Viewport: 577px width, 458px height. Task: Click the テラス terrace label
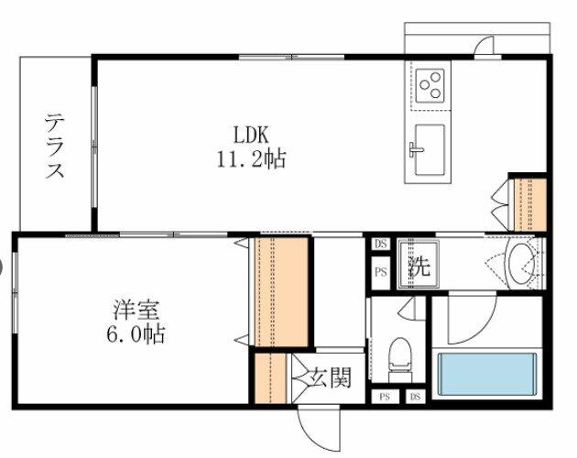(56, 146)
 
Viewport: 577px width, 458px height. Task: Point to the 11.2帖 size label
(250, 159)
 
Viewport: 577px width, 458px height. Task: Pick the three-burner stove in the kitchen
(430, 87)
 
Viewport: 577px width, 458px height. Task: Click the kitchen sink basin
(429, 148)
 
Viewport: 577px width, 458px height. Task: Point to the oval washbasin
(520, 263)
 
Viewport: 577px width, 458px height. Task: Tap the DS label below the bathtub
(416, 397)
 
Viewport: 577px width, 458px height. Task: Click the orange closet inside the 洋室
(278, 292)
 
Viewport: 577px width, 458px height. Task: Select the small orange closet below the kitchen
(530, 203)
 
